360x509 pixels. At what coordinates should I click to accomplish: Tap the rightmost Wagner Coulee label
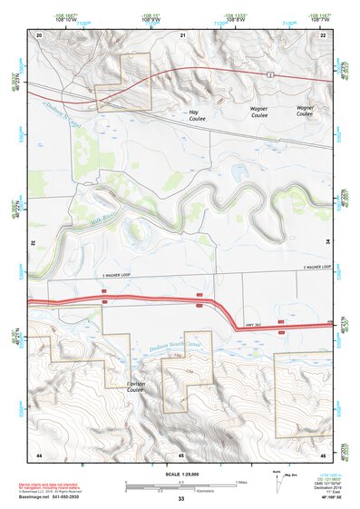pyautogui.click(x=305, y=112)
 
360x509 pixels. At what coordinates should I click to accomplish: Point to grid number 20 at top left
pyautogui.click(x=40, y=34)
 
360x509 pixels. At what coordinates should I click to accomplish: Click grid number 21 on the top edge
pyautogui.click(x=182, y=34)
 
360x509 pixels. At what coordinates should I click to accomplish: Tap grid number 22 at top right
pyautogui.click(x=324, y=34)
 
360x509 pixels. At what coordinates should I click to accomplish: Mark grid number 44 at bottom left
pyautogui.click(x=39, y=454)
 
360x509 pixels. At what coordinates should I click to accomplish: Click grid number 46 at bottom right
pyautogui.click(x=323, y=454)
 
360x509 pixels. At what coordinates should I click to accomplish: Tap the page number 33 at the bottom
pyautogui.click(x=181, y=500)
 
